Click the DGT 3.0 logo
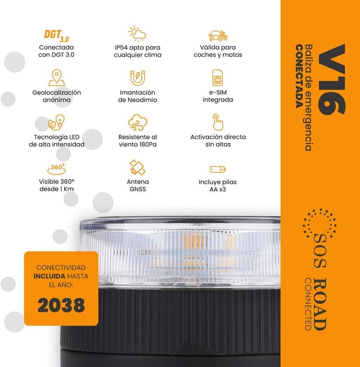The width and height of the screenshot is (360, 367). click(56, 35)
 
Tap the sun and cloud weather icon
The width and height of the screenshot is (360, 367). click(137, 33)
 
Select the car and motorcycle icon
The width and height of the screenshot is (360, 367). click(218, 35)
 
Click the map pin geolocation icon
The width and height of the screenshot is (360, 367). click(57, 78)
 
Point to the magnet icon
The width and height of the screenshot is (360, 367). click(138, 78)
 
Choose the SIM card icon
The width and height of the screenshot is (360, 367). click(218, 78)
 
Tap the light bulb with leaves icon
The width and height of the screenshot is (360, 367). click(56, 122)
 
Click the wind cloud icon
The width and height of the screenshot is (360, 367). click(138, 122)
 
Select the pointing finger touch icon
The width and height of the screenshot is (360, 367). click(218, 122)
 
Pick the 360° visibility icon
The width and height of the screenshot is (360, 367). click(56, 169)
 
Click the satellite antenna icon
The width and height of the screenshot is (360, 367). click(138, 167)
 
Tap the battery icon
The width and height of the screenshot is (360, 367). click(218, 169)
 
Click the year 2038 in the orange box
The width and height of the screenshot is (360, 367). click(61, 305)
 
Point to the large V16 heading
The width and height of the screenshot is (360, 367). click(332, 79)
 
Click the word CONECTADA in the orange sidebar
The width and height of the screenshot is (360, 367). click(299, 76)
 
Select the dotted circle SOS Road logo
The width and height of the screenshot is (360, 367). click(319, 223)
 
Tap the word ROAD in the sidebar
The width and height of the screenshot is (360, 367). click(319, 305)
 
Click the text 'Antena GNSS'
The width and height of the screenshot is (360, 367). click(138, 185)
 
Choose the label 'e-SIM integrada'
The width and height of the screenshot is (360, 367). click(218, 96)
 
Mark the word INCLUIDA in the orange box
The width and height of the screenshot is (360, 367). click(49, 276)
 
